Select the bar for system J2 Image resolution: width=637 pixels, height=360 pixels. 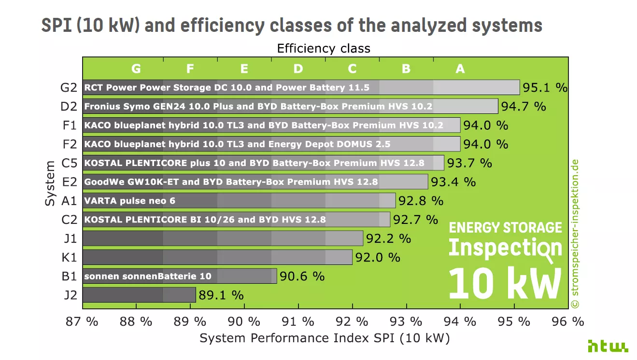click(139, 295)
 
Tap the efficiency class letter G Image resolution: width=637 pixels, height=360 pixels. click(136, 69)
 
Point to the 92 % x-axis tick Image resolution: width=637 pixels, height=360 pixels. click(352, 321)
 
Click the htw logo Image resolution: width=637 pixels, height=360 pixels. click(608, 346)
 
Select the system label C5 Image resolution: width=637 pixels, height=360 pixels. click(69, 163)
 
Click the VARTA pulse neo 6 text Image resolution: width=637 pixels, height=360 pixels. click(129, 201)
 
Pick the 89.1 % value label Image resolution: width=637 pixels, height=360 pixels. click(221, 295)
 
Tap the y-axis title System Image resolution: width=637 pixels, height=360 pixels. click(50, 184)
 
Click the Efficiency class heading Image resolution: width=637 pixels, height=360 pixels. click(324, 48)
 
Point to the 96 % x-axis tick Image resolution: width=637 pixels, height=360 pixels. click(568, 321)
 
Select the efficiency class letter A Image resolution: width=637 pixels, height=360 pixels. click(460, 69)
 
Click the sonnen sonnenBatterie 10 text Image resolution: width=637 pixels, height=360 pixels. click(148, 277)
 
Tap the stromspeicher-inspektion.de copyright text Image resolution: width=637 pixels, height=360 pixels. click(574, 234)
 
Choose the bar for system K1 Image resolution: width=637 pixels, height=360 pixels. click(217, 257)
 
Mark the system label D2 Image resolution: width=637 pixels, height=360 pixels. click(69, 106)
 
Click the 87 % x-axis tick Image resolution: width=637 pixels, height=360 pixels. click(82, 321)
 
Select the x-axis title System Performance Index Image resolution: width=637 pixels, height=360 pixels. click(325, 338)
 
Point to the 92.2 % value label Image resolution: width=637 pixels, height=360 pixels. click(388, 238)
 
